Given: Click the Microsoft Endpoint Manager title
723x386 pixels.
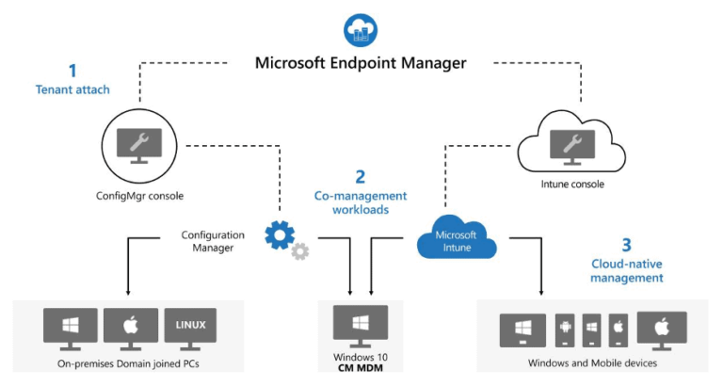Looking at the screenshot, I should pyautogui.click(x=361, y=63).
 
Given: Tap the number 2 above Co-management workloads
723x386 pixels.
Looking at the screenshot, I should pyautogui.click(x=361, y=176).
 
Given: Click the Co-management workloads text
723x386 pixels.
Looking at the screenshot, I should pyautogui.click(x=361, y=202).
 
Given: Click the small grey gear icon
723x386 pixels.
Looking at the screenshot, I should pyautogui.click(x=300, y=251).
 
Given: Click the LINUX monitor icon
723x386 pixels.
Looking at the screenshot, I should pyautogui.click(x=190, y=327).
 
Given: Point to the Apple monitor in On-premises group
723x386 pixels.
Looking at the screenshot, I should pyautogui.click(x=130, y=327).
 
